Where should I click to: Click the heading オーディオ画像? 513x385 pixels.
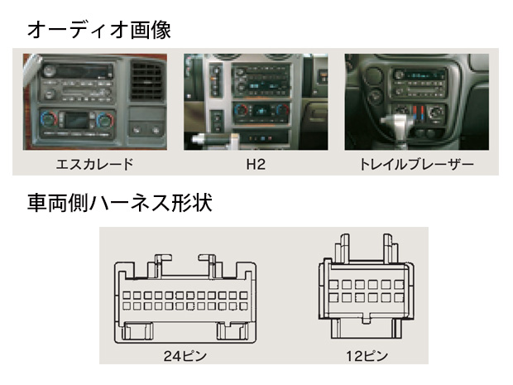[99, 30]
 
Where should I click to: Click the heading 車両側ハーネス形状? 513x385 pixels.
[121, 203]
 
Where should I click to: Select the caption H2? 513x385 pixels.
[256, 163]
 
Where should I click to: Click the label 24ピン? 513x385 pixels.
[185, 357]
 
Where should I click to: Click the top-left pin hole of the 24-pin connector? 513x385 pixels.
[127, 295]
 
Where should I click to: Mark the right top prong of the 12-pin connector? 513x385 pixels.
[386, 245]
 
